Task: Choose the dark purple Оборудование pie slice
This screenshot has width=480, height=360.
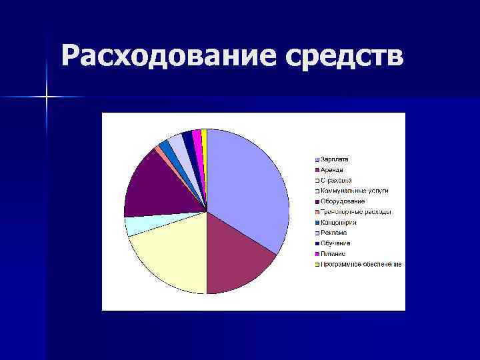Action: (x=160, y=183)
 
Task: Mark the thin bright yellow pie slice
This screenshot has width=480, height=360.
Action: (x=204, y=137)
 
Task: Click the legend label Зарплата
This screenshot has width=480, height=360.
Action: (x=335, y=159)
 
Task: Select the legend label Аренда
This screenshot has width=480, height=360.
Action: (x=332, y=170)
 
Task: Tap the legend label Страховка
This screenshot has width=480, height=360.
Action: (x=336, y=180)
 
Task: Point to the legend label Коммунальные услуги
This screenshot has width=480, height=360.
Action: (x=354, y=191)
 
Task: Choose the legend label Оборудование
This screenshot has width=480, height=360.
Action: (x=343, y=201)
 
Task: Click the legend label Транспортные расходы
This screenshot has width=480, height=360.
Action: (x=355, y=212)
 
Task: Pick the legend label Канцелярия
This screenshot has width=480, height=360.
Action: (x=339, y=223)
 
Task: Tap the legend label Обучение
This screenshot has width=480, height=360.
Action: (x=335, y=243)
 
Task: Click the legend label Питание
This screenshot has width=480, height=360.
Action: (x=333, y=254)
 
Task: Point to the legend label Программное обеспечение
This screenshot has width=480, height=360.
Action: (x=361, y=265)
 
